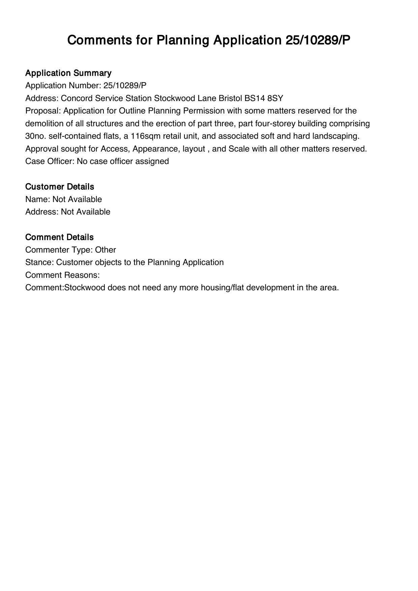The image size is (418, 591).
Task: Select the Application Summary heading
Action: click(68, 73)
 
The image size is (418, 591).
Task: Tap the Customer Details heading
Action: click(60, 187)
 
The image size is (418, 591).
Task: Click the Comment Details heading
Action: click(59, 237)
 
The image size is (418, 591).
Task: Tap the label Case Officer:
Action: click(50, 161)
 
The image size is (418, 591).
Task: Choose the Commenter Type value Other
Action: click(106, 250)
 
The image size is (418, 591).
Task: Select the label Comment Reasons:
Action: click(62, 275)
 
